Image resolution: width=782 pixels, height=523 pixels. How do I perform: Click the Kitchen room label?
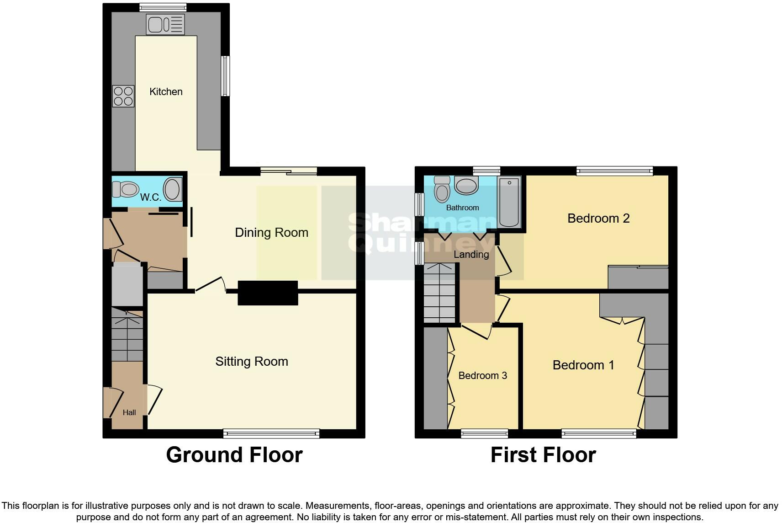[166, 91]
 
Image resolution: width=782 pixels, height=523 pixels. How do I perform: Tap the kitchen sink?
[165, 24]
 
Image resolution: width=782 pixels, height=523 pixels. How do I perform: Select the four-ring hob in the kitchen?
[123, 96]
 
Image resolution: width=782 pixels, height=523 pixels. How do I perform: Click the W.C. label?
[150, 197]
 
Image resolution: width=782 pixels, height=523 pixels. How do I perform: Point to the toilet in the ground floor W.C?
[125, 189]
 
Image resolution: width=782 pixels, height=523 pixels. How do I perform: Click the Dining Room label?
[271, 232]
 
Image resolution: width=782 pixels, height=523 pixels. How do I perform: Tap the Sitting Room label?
[252, 361]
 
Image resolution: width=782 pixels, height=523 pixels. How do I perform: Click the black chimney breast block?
[268, 293]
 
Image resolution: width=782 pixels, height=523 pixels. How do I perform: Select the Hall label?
[129, 413]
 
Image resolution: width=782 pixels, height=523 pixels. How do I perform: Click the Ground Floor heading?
[234, 455]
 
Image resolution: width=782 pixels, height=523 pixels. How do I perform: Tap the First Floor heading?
[543, 455]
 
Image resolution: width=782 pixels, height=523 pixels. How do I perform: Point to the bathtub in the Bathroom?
[509, 202]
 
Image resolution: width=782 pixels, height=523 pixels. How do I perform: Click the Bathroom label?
[462, 208]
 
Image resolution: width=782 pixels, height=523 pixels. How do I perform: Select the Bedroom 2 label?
[598, 219]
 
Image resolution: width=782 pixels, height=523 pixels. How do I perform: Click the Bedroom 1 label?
[583, 365]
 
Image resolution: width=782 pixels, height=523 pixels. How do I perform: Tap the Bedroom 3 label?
[482, 376]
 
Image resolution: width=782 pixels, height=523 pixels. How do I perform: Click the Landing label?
[471, 254]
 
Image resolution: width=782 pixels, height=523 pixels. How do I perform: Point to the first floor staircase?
[439, 293]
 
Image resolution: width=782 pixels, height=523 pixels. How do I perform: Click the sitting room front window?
[271, 433]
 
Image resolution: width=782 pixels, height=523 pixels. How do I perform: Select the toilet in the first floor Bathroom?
[442, 189]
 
